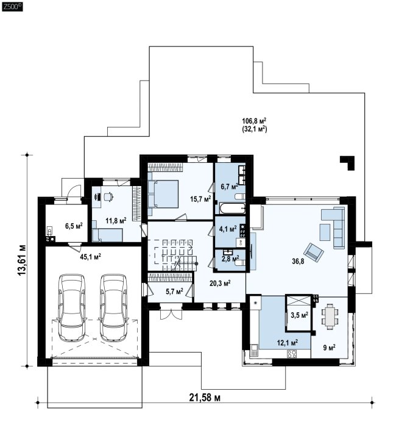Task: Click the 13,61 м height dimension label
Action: [x=22, y=260]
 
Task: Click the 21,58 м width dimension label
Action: [x=205, y=398]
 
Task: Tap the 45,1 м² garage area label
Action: [x=90, y=257]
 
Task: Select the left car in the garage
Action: [x=72, y=307]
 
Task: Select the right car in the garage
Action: [x=113, y=307]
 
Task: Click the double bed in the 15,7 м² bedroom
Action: [x=163, y=194]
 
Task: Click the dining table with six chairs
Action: [x=330, y=316]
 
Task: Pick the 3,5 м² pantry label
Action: [x=299, y=315]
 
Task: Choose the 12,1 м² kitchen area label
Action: [x=288, y=343]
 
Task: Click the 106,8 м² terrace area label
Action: [x=254, y=121]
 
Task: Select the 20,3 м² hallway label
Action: [x=220, y=283]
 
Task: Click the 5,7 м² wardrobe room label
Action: [x=174, y=292]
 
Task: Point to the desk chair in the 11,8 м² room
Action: [x=108, y=196]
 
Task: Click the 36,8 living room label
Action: [x=298, y=262]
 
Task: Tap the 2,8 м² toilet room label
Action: [x=230, y=258]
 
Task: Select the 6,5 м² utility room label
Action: [x=74, y=226]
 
